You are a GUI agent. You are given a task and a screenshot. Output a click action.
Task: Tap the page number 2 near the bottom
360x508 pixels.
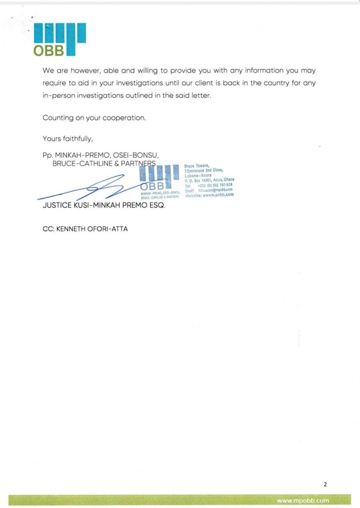pyautogui.click(x=325, y=484)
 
